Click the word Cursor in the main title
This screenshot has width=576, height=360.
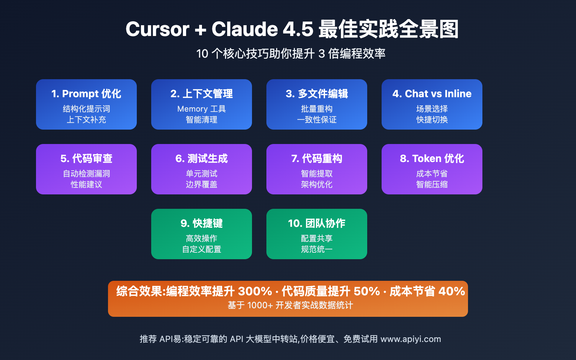click(x=157, y=29)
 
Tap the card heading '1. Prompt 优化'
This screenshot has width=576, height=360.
click(x=86, y=94)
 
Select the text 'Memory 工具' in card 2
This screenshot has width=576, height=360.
click(x=202, y=109)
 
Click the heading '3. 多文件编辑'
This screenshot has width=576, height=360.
click(x=317, y=94)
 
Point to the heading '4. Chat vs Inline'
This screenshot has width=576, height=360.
click(x=432, y=94)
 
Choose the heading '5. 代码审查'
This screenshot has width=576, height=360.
click(x=86, y=158)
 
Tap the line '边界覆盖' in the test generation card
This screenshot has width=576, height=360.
click(x=202, y=184)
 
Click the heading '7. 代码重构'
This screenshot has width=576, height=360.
click(x=317, y=158)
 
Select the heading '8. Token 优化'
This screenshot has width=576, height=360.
click(x=432, y=158)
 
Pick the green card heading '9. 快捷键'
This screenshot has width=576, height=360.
click(x=202, y=223)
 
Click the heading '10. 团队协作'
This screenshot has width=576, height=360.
click(x=317, y=223)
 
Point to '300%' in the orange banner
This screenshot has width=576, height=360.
click(x=255, y=291)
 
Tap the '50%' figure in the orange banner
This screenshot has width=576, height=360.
click(x=366, y=291)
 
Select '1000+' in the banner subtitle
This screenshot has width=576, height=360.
click(x=260, y=305)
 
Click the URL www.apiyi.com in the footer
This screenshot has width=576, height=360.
click(x=410, y=339)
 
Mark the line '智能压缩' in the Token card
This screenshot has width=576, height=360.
click(x=432, y=184)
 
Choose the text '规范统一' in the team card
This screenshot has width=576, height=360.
click(x=317, y=249)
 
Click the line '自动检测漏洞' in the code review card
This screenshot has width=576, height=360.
click(x=86, y=174)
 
